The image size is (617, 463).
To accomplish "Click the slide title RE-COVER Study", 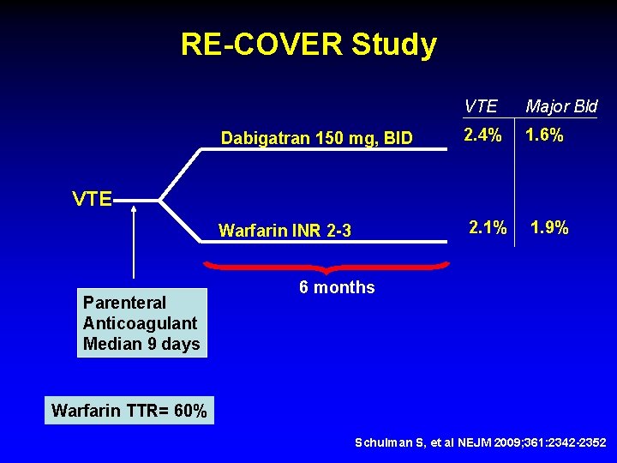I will click(x=308, y=45).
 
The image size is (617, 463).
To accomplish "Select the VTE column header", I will click(x=480, y=106).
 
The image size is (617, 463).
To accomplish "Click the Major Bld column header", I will click(x=561, y=106).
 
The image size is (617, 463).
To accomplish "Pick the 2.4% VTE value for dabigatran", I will click(x=482, y=135).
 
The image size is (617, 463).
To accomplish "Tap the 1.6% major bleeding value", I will click(x=544, y=135).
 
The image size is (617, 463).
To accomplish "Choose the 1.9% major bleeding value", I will click(x=549, y=228).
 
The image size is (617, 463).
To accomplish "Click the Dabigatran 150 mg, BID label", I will click(x=316, y=137).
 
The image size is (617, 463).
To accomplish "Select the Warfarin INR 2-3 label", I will click(x=285, y=230).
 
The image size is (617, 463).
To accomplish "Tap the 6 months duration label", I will click(x=337, y=288).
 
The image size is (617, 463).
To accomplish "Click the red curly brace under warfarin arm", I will click(x=326, y=267).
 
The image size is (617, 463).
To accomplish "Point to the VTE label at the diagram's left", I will click(x=92, y=200).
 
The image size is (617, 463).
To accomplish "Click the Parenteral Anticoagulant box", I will click(x=141, y=323).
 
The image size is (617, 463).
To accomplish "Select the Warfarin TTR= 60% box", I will click(x=129, y=411).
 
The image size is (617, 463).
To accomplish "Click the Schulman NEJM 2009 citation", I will click(x=481, y=442).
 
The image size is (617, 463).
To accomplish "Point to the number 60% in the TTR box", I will click(x=189, y=411).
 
